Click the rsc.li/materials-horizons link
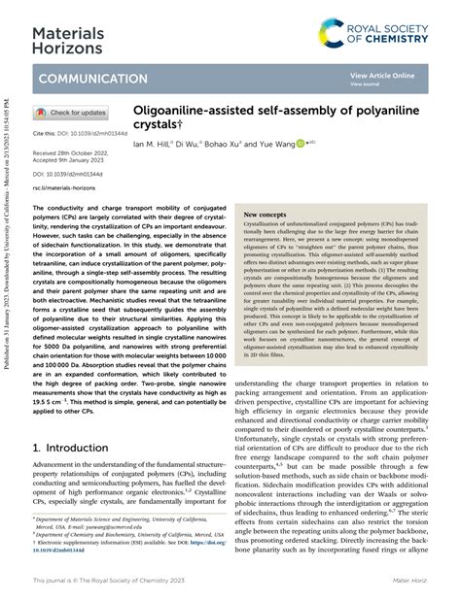[x=65, y=186]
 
